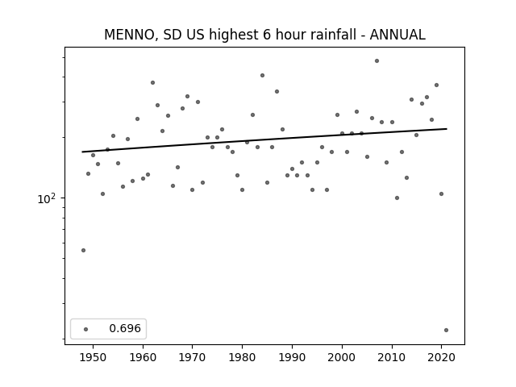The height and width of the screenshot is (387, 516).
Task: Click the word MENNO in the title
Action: click(x=129, y=35)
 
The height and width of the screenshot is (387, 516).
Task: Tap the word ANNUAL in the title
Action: click(x=397, y=35)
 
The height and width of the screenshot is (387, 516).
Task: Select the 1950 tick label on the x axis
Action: click(x=94, y=357)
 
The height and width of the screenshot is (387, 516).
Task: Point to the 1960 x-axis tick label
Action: click(x=143, y=357)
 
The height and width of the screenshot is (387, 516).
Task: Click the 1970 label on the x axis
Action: click(x=192, y=357)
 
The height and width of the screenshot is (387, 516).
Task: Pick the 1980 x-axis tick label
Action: click(x=242, y=357)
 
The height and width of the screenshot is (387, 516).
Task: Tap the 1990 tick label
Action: click(x=292, y=357)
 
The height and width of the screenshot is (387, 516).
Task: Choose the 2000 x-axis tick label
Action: click(x=342, y=357)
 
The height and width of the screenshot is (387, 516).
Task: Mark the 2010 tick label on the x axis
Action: click(x=392, y=357)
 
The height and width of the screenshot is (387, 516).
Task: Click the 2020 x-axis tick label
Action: click(x=441, y=357)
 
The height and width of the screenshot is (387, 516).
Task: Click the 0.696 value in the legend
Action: click(x=125, y=328)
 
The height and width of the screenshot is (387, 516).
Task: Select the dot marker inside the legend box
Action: click(x=86, y=329)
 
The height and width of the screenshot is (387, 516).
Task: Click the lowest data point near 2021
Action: click(x=446, y=330)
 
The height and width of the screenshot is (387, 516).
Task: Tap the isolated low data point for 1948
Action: click(x=83, y=251)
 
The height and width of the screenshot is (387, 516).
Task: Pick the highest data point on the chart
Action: click(x=377, y=61)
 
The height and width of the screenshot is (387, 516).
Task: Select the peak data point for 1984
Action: click(x=262, y=75)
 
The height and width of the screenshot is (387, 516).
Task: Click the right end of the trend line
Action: click(x=447, y=129)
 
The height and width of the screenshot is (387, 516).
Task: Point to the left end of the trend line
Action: click(x=82, y=152)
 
